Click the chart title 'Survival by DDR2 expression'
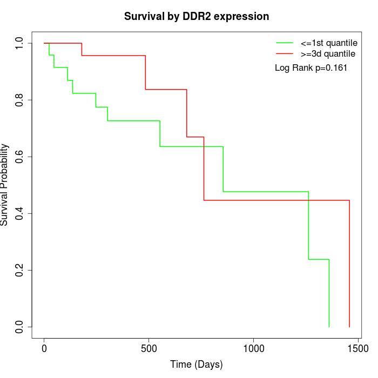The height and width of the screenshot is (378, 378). (x=197, y=16)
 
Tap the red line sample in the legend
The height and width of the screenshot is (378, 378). (x=284, y=53)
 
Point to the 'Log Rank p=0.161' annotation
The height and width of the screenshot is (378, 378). (x=311, y=68)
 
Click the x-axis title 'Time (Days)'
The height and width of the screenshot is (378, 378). (x=197, y=364)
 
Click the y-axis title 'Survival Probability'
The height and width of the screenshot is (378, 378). (x=5, y=185)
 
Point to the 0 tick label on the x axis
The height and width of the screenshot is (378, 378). (x=44, y=349)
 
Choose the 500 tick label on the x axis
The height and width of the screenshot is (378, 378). (x=148, y=349)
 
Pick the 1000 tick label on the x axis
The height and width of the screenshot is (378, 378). (x=253, y=349)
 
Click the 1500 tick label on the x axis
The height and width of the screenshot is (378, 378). (x=357, y=349)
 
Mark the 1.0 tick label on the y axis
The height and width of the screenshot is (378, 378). (x=19, y=43)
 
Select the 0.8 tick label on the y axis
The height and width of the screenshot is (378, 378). (x=19, y=100)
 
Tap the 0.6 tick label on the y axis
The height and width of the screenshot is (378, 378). (x=19, y=157)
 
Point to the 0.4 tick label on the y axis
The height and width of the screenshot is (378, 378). (x=19, y=213)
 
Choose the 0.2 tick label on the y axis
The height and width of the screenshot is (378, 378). (x=19, y=270)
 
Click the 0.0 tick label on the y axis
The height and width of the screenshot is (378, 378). (x=19, y=327)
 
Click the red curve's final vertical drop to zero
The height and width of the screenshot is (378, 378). (x=349, y=265)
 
